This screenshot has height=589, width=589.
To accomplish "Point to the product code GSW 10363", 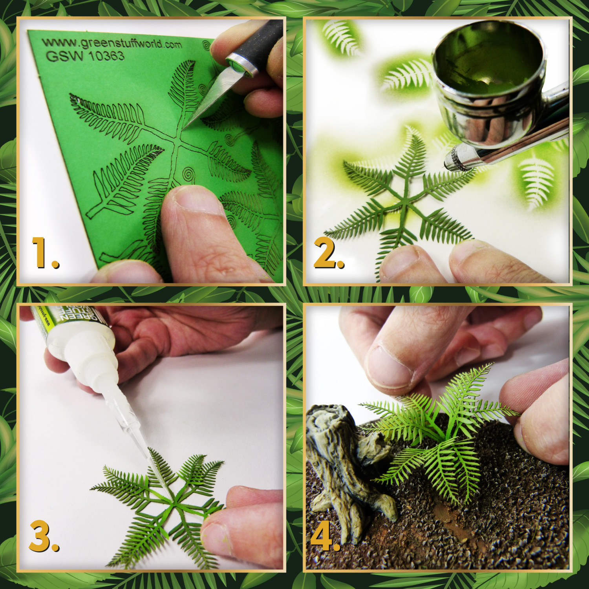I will (85, 56).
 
